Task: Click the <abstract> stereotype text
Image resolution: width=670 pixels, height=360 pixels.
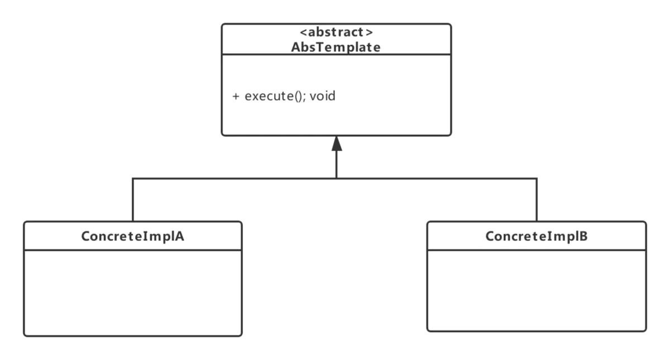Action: [x=336, y=32]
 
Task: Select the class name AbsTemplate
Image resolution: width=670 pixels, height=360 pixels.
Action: [x=336, y=47]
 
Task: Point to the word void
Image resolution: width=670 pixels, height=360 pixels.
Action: [x=322, y=96]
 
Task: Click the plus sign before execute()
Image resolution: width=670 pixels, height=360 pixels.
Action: [x=236, y=96]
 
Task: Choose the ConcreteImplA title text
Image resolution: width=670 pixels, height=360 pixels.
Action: [x=133, y=236]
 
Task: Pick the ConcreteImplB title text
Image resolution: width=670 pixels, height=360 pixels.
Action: [x=537, y=236]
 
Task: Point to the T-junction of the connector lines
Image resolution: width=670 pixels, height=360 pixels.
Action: [x=335, y=179]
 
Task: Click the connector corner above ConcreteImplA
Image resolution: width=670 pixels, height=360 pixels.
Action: [x=133, y=179]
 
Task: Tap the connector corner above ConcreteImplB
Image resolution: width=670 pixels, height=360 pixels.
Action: [x=536, y=179]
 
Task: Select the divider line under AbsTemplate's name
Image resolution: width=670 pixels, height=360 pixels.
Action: [x=336, y=55]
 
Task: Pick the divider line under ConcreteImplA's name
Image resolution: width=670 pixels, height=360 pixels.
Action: [x=133, y=249]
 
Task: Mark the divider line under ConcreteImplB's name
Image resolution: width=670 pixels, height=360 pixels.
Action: [x=537, y=249]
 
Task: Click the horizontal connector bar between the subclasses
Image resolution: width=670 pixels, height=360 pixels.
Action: [x=234, y=179]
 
